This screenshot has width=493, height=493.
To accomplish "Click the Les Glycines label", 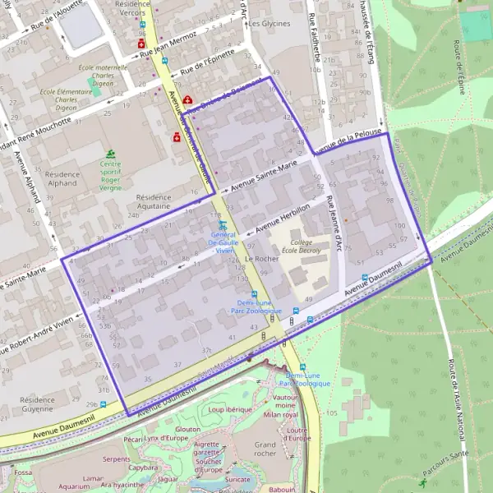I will click(270, 24).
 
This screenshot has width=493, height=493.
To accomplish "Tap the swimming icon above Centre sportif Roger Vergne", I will click(110, 154).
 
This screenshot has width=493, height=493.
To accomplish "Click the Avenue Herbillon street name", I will click(283, 216).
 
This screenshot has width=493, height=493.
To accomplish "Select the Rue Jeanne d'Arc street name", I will click(334, 221).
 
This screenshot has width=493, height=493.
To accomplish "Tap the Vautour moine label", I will click(284, 401).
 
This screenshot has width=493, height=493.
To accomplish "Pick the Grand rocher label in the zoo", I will click(265, 448).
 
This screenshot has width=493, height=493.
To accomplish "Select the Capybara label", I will click(143, 468).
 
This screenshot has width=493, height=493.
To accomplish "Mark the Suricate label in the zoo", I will click(237, 479).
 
